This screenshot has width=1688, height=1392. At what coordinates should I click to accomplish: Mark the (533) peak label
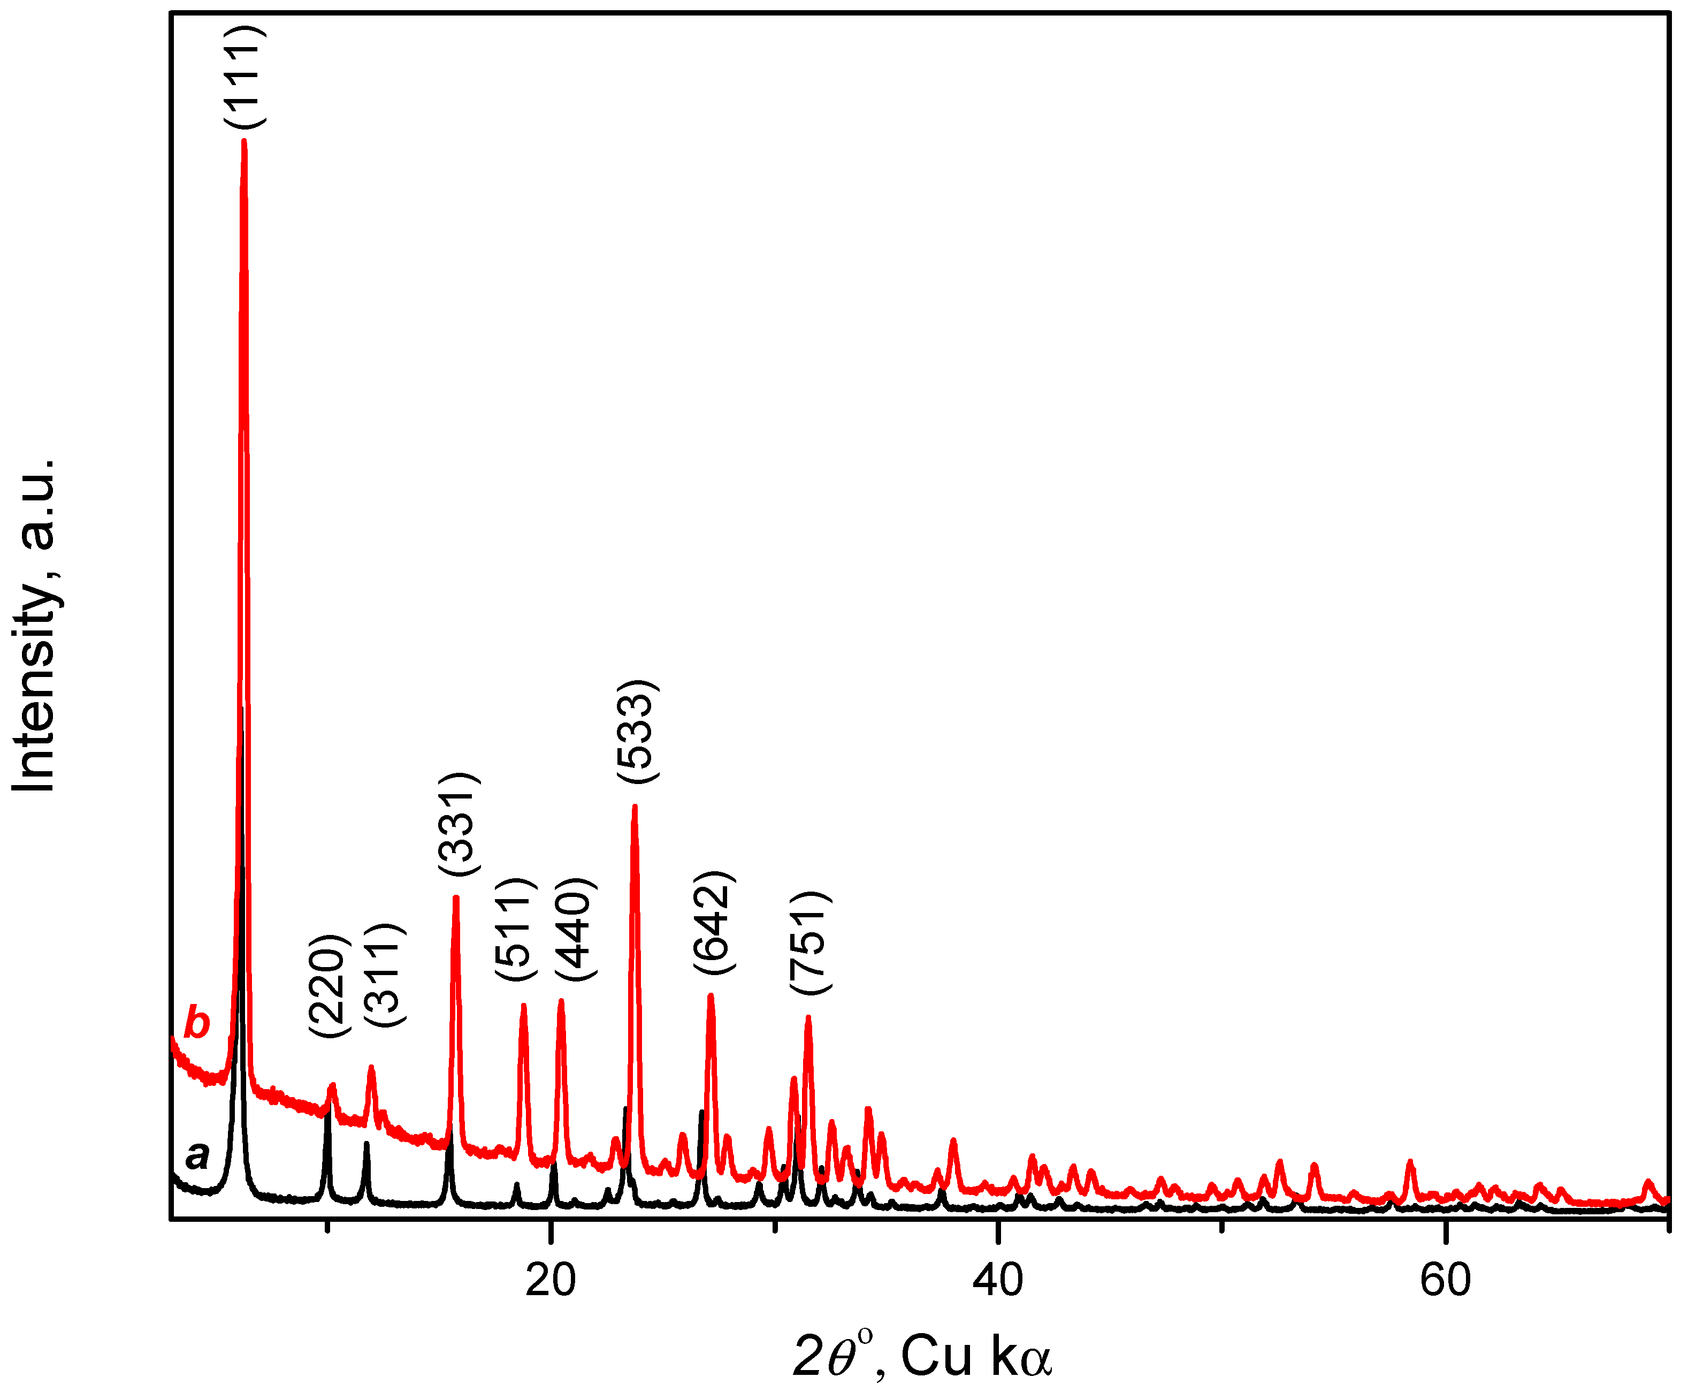tap(638, 731)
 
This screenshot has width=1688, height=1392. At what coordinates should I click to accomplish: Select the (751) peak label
tap(811, 943)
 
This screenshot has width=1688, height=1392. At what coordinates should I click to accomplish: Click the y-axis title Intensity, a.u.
tap(34, 626)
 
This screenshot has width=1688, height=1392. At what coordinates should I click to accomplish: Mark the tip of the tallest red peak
tap(243, 141)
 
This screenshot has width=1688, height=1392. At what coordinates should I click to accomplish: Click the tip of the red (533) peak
tap(635, 807)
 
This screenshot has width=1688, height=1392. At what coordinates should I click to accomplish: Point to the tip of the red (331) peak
tap(456, 898)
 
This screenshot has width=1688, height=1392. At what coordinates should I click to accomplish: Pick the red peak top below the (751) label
tap(808, 1018)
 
